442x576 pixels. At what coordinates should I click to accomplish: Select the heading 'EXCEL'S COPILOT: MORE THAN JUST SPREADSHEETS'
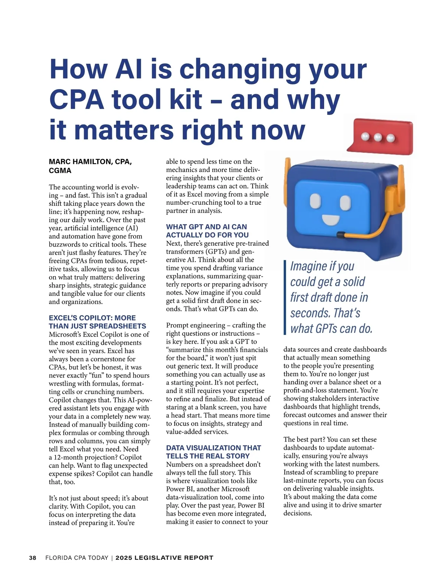pos(97,322)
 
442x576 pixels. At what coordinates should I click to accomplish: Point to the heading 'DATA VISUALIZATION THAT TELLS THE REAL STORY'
pos(213,452)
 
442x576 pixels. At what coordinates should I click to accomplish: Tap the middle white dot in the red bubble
pos(378,137)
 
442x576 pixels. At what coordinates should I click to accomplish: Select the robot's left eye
pos(316,201)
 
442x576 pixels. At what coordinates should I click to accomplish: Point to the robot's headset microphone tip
pos(341,234)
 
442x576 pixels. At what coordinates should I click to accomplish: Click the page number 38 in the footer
pos(33,558)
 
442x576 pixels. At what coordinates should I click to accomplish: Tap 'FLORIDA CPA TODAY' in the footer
pos(77,558)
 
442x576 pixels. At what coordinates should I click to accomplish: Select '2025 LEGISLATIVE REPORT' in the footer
pos(164,558)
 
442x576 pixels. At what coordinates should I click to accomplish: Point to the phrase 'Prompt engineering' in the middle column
pos(195,325)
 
